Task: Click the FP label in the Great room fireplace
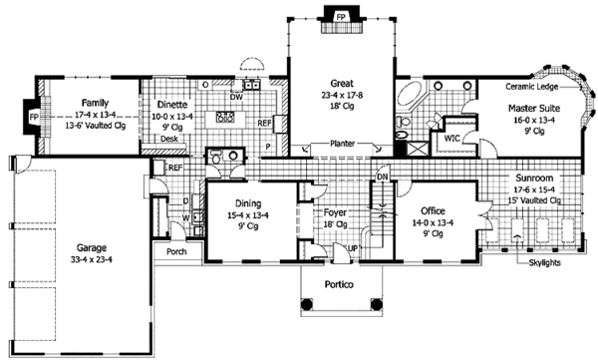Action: tap(341, 17)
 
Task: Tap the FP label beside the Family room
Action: tap(34, 118)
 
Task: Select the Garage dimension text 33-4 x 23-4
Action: tap(91, 259)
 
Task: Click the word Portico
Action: tap(339, 284)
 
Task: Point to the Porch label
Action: tap(176, 251)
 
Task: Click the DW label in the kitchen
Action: tap(236, 97)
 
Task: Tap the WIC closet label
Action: tap(451, 138)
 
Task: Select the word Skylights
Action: tap(545, 262)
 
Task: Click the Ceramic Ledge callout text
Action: tap(531, 87)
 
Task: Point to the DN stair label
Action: tap(382, 178)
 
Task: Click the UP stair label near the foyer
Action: tap(353, 248)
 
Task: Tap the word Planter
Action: tap(342, 144)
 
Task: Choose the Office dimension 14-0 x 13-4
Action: tap(433, 222)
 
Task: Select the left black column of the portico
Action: tap(306, 304)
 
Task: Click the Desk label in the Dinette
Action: tap(169, 139)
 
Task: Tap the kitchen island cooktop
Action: tap(225, 118)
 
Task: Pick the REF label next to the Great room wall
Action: tap(264, 123)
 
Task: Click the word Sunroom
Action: tap(534, 178)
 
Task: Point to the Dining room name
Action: tap(248, 203)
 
